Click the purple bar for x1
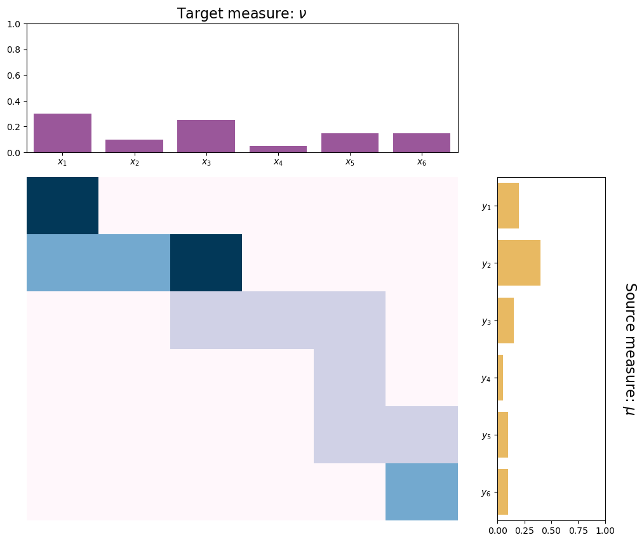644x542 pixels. pos(62,133)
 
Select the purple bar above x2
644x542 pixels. pos(134,146)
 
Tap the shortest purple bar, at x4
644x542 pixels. pos(278,149)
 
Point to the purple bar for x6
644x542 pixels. pos(421,143)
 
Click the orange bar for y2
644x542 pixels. pos(519,263)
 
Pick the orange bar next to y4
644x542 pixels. pos(500,378)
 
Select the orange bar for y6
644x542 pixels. pos(503,492)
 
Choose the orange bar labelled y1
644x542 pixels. pos(509,206)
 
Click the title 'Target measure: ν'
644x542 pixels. pos(242,13)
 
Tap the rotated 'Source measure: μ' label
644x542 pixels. pos(630,349)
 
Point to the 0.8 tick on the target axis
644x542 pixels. pos(13,50)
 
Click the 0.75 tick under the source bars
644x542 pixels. pos(579,531)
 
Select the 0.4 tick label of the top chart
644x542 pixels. pos(13,102)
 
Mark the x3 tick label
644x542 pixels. pos(206,162)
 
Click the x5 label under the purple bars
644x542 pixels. pos(350,162)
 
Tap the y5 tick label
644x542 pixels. pos(486,435)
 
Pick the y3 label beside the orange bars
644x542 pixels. pos(486,321)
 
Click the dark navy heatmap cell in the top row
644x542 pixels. pos(62,206)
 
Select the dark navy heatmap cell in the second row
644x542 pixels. pos(206,263)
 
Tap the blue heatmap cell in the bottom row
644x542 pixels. pos(421,492)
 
